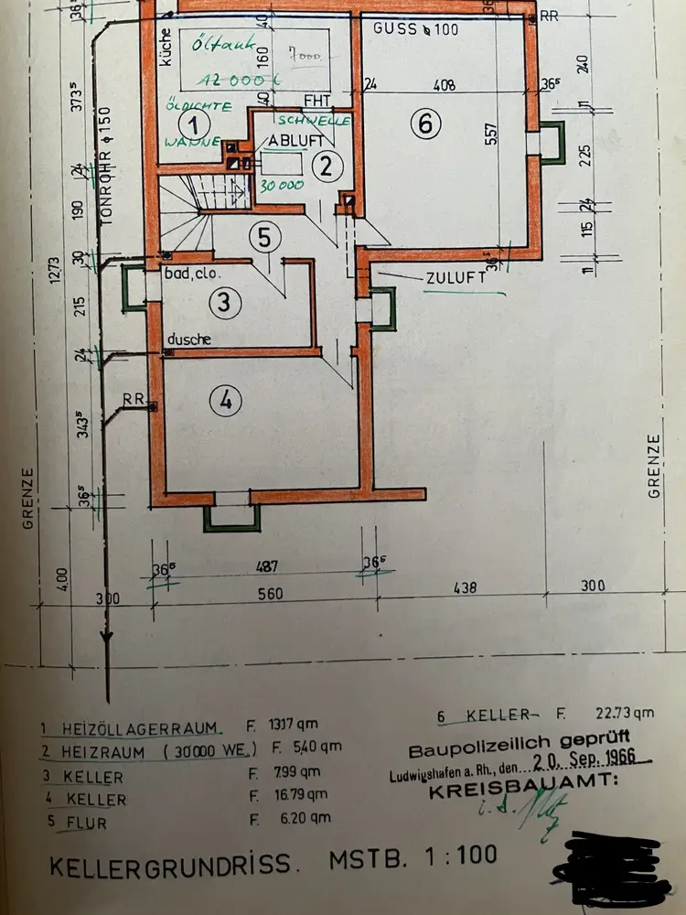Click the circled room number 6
tap(425, 124)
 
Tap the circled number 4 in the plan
tap(226, 399)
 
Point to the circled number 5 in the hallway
tap(263, 239)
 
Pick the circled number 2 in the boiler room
tap(325, 166)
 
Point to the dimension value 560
tap(270, 593)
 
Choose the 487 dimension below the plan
tap(266, 567)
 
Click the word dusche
tap(189, 339)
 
